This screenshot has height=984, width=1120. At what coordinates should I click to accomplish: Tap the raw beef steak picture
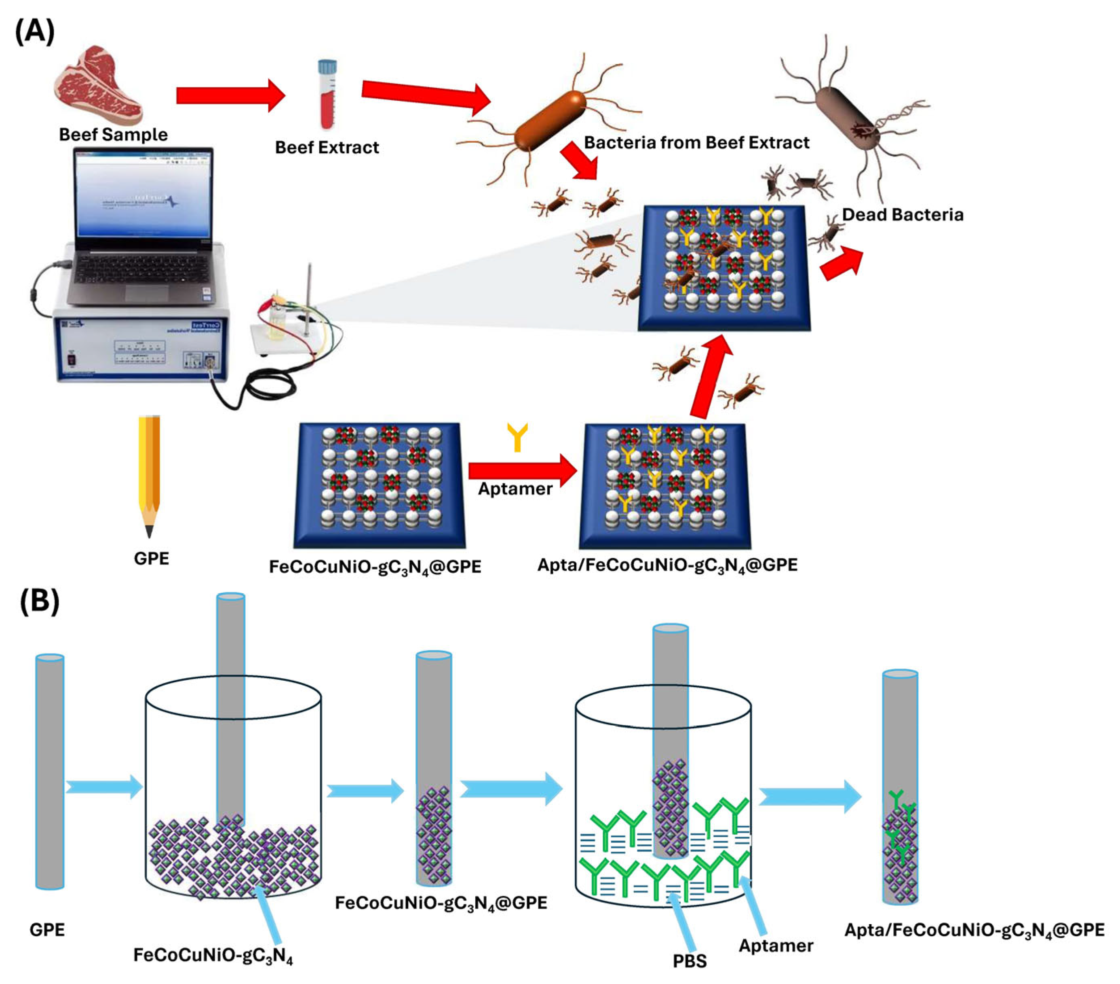pyautogui.click(x=99, y=85)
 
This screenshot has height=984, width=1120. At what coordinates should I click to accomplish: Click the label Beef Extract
pyautogui.click(x=327, y=148)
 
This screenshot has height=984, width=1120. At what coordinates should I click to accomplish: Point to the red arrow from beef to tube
pyautogui.click(x=230, y=95)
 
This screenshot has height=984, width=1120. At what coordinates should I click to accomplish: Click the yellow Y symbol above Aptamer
pyautogui.click(x=517, y=437)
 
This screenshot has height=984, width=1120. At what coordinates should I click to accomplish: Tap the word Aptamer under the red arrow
pyautogui.click(x=515, y=489)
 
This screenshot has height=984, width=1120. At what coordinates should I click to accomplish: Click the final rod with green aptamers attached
pyautogui.click(x=900, y=789)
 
